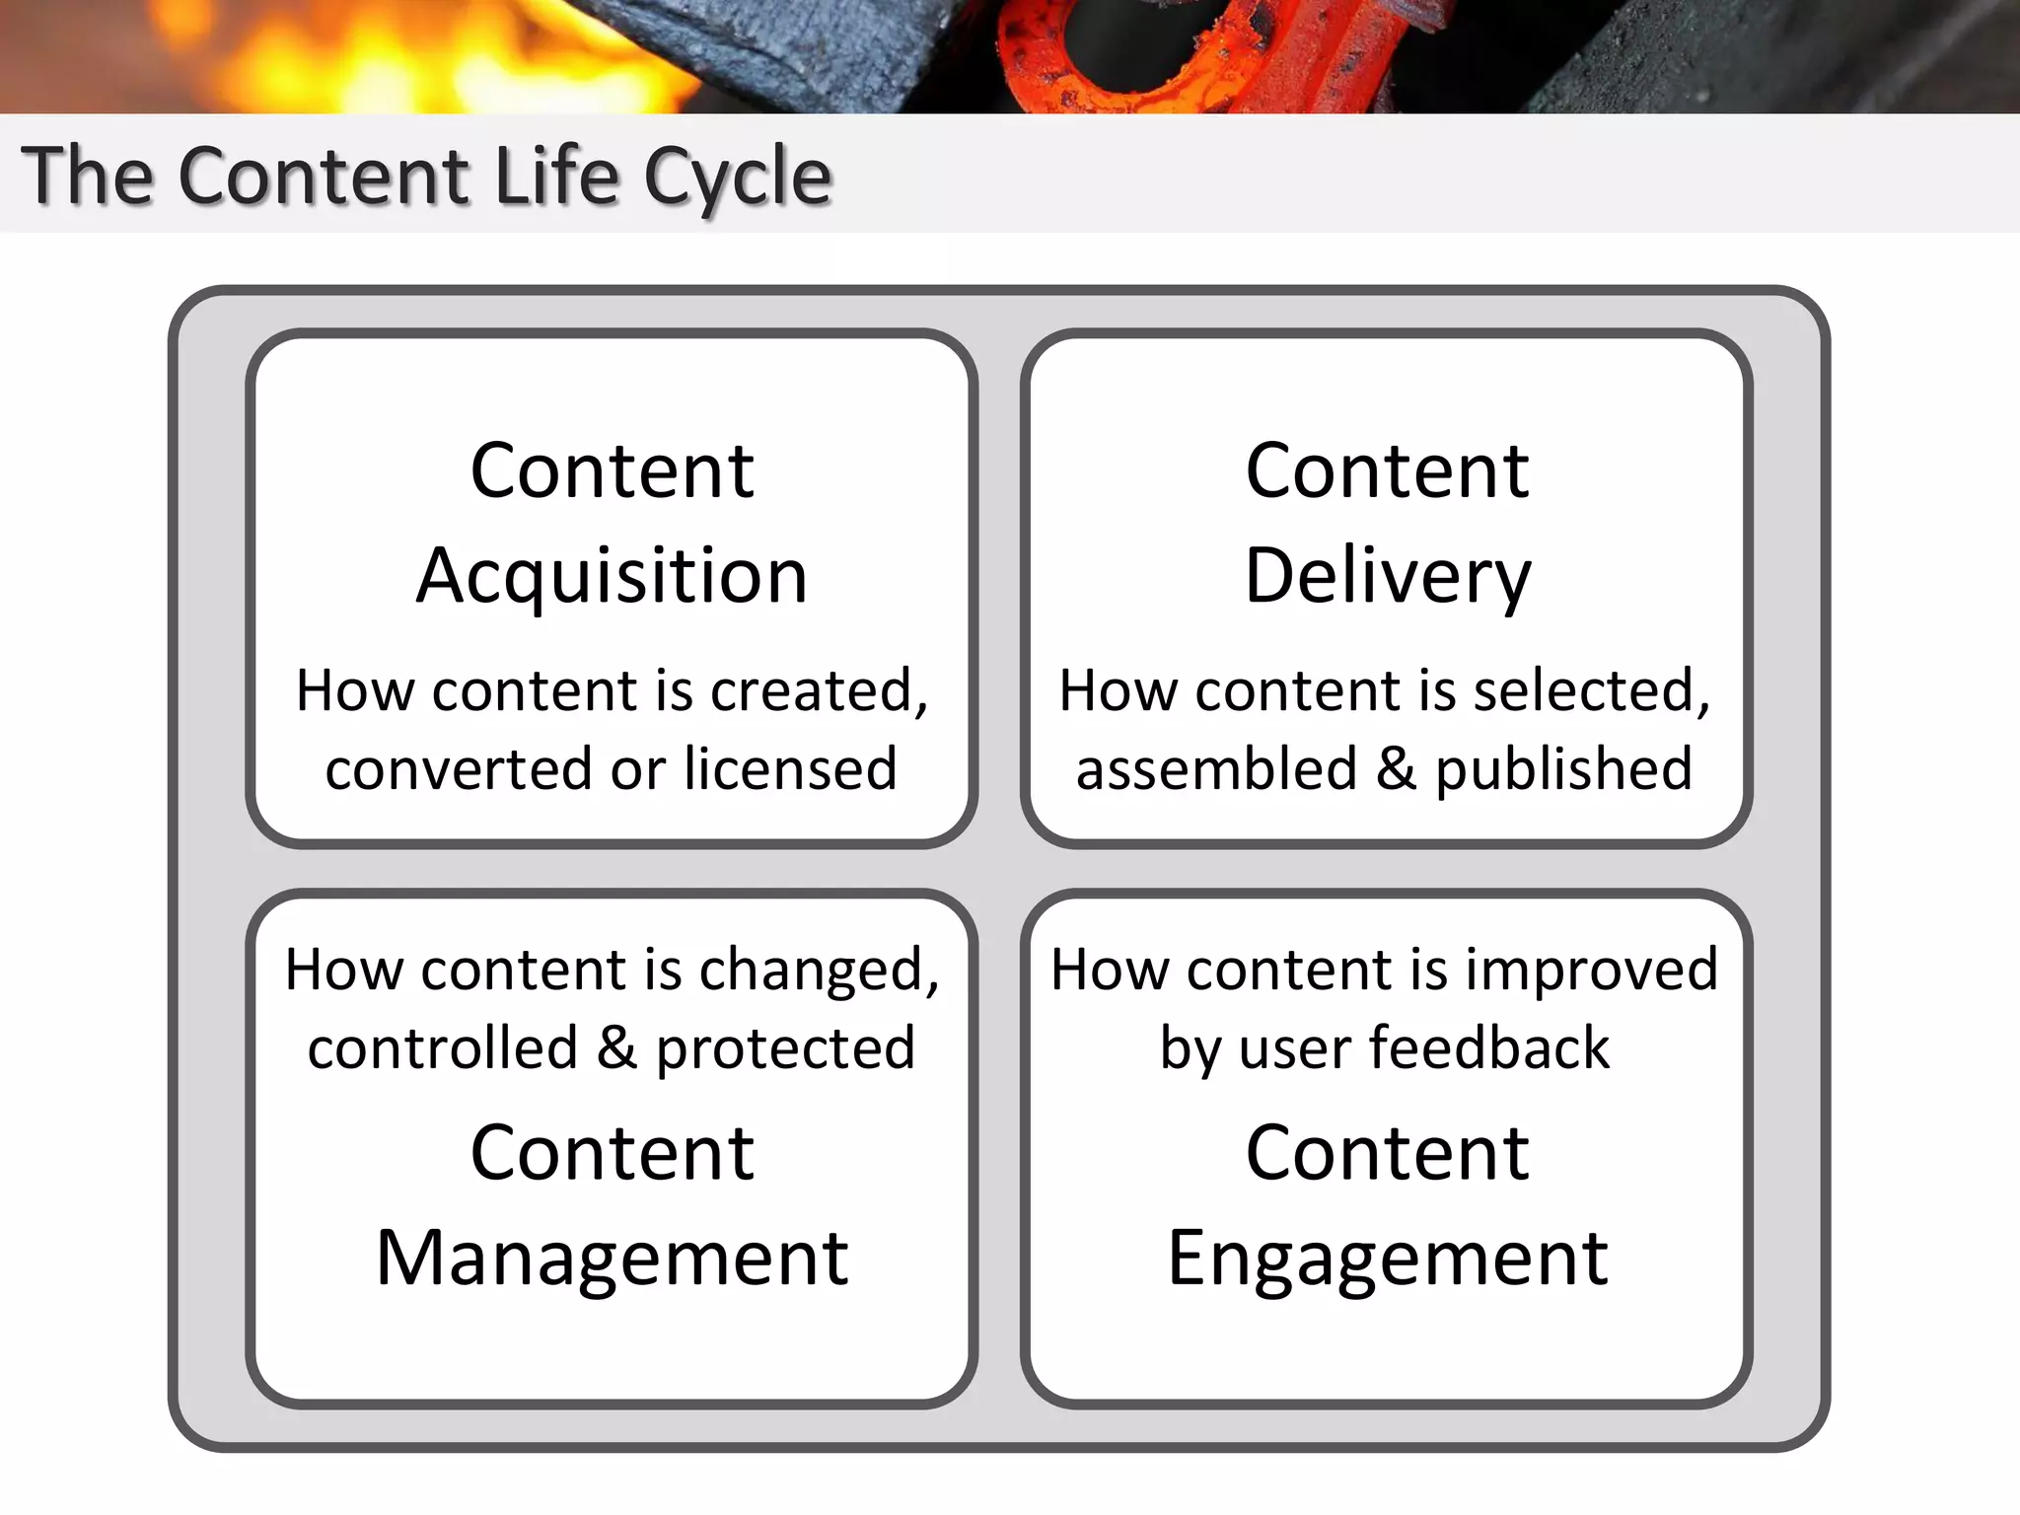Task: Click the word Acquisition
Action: coord(612,577)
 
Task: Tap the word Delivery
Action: coord(1387,577)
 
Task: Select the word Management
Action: coord(612,1259)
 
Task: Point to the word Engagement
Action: coord(1387,1259)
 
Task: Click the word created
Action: coord(818,690)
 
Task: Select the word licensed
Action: coord(790,769)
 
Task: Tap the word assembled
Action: coord(1216,769)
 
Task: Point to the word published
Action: coord(1563,769)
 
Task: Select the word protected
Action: coord(785,1048)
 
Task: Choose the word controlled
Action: coord(442,1048)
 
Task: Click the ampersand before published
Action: coord(1396,769)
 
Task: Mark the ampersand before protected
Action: coord(616,1048)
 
